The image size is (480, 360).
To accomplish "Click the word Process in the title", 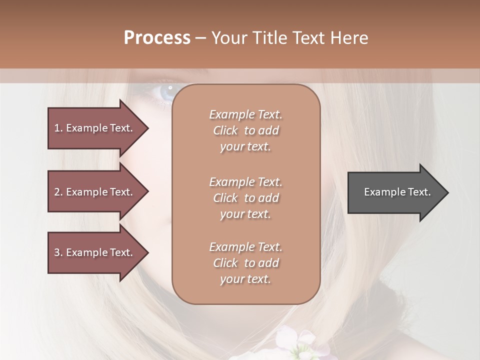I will tap(157, 38).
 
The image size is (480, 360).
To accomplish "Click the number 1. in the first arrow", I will tap(58, 128).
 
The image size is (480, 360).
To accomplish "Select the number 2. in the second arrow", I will tap(58, 192).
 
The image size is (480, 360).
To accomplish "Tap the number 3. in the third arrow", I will tap(58, 252).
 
